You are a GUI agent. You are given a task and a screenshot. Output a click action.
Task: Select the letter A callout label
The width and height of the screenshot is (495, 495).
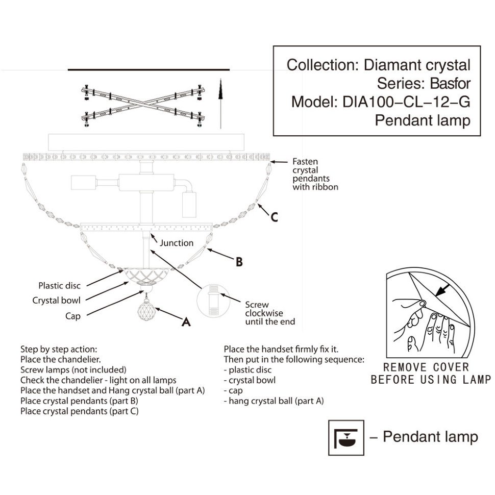(x=186, y=322)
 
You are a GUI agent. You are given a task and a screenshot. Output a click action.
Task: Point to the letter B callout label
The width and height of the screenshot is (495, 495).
(x=239, y=262)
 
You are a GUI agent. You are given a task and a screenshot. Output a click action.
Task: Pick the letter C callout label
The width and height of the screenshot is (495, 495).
(x=274, y=217)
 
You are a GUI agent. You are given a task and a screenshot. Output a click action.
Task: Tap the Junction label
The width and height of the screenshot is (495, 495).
(x=177, y=243)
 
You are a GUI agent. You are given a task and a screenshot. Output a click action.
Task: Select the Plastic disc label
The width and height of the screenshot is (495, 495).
(x=59, y=285)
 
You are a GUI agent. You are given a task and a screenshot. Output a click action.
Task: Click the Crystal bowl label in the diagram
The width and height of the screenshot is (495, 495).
(x=56, y=301)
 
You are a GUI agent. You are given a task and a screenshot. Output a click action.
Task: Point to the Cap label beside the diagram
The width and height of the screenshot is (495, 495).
(x=73, y=316)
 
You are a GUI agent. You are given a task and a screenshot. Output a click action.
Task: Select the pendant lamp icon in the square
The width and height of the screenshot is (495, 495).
(x=345, y=438)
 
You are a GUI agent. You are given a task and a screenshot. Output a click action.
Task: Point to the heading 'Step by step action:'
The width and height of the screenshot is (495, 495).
(x=59, y=350)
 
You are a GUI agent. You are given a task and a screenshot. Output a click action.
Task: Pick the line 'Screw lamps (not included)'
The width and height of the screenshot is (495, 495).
(x=73, y=370)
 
